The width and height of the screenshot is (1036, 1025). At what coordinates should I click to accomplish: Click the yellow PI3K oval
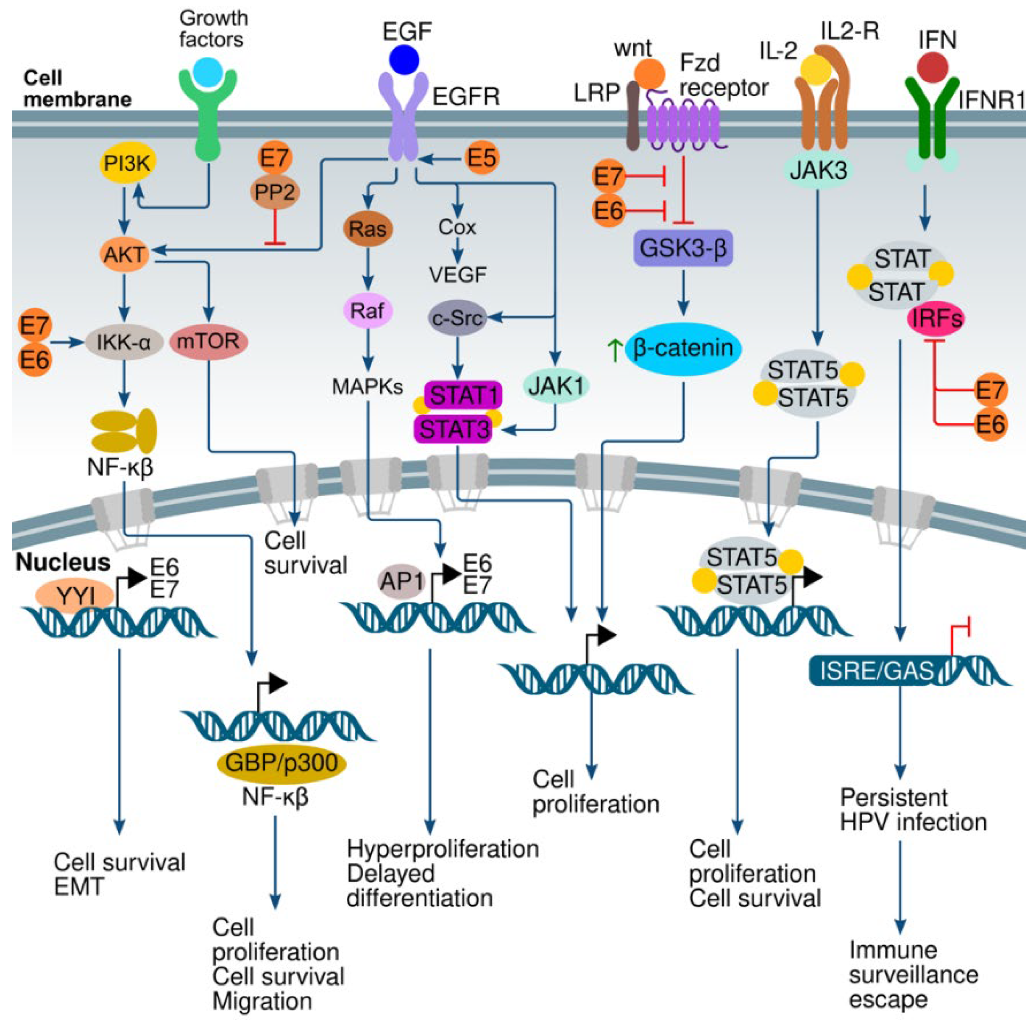coord(128,163)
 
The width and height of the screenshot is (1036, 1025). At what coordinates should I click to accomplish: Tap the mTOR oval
coord(208,341)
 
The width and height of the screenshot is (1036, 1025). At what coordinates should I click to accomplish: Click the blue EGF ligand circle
coord(404,59)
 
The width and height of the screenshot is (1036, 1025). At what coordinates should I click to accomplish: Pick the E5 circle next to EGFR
coord(482,158)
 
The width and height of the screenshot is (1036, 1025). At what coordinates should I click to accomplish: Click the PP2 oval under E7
coord(275,192)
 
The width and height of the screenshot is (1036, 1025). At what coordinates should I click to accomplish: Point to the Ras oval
coord(368,229)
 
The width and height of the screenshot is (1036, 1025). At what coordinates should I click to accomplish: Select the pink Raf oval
coord(368,310)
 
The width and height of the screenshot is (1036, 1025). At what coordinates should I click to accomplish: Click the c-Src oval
coord(457,318)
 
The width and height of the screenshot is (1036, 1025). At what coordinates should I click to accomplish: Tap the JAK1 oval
coord(556,385)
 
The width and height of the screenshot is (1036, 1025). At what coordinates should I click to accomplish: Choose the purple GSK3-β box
coord(682,249)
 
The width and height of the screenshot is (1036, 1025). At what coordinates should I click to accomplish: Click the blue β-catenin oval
coord(682,349)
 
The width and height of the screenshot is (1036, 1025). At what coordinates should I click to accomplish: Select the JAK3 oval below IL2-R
coord(818,170)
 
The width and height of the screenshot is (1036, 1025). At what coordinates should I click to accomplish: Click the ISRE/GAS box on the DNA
coord(877,670)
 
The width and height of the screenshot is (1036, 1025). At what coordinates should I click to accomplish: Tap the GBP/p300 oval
coord(281,763)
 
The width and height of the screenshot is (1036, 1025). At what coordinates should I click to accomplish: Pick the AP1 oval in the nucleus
coord(401,581)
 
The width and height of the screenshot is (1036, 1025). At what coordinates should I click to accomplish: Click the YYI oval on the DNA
coord(75,595)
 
